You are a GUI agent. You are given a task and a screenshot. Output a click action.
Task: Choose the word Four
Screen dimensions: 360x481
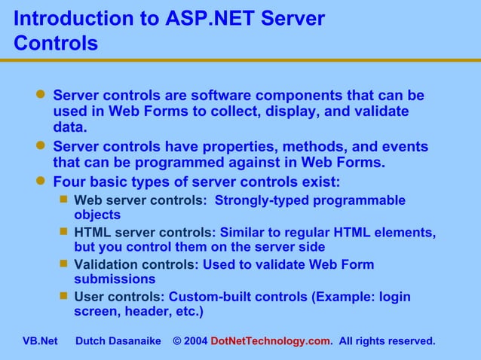[70, 182]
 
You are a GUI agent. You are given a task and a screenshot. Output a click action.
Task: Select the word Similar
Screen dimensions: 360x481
[243, 233]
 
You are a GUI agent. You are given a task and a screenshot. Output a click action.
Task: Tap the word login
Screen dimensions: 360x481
[394, 297]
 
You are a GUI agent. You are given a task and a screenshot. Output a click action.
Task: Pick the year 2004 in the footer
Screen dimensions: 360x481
[195, 341]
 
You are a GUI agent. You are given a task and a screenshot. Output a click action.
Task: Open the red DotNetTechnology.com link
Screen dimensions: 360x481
[271, 341]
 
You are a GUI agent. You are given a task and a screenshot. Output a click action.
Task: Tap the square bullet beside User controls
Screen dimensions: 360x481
[64, 296]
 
